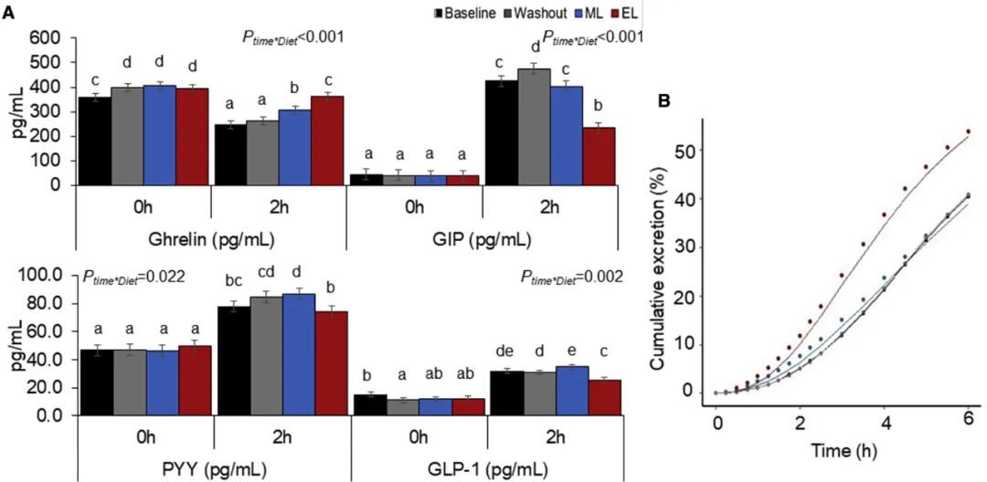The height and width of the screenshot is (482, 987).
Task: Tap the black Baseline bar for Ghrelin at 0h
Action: pos(93,141)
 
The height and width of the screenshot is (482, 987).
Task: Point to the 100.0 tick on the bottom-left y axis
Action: pos(39,276)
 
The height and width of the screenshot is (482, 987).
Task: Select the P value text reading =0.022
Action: pos(133,277)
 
